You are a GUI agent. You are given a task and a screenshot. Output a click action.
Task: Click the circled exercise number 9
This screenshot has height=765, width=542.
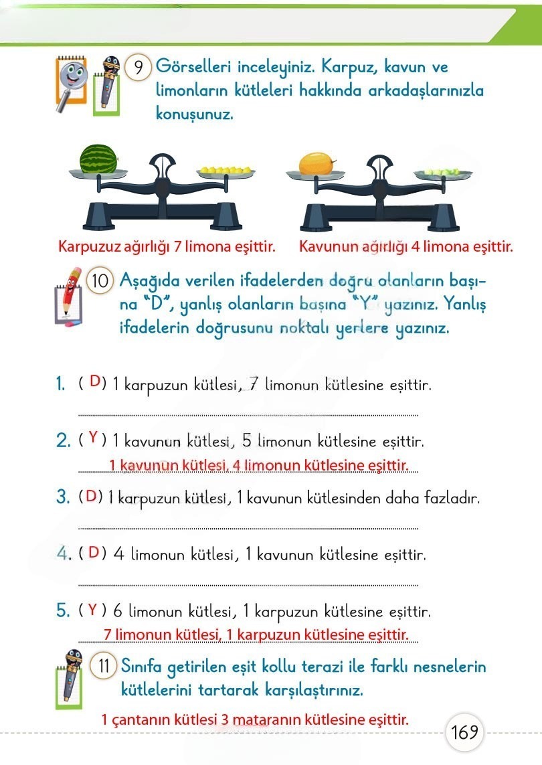coord(139,68)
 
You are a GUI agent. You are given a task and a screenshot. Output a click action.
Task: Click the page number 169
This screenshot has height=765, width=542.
coord(464,732)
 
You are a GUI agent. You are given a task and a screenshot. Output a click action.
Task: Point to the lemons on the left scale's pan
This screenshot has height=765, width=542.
coord(224,171)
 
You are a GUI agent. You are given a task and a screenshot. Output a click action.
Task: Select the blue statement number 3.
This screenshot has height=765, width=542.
coord(63,497)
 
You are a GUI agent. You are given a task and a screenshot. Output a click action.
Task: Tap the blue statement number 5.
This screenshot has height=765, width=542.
coord(63,610)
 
